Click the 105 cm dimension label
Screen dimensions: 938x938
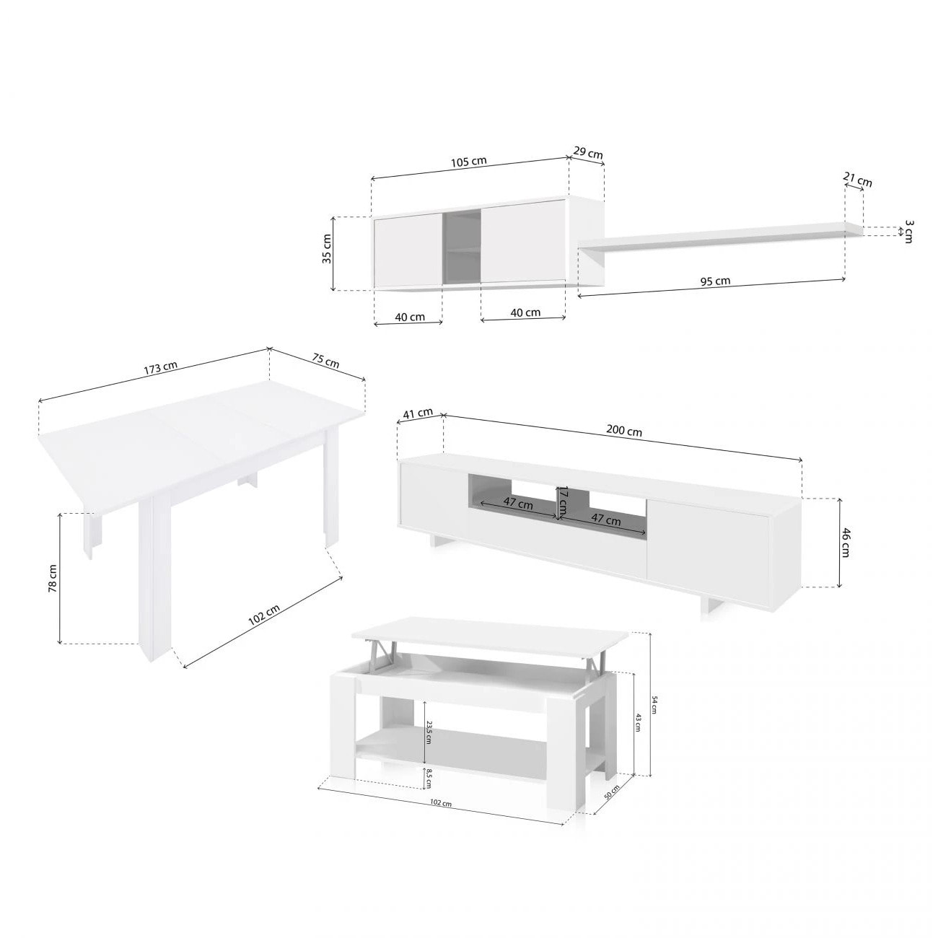(470, 161)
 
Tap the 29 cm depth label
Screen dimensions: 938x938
(588, 153)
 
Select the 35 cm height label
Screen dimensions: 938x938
(327, 249)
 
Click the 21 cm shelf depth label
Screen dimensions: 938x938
(858, 180)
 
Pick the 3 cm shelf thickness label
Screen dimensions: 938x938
(908, 232)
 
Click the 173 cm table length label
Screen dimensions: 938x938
(160, 367)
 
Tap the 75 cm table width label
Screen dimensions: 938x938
(327, 361)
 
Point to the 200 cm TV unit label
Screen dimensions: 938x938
(624, 431)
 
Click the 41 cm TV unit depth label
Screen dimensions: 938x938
(418, 413)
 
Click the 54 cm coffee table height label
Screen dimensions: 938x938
(654, 704)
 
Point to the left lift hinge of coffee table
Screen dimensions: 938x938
(375, 652)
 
